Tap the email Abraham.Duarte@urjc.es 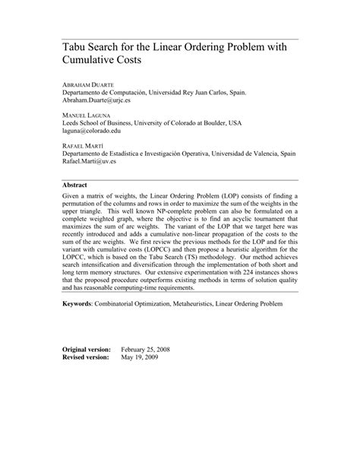point(102,99)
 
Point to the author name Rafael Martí point(80,145)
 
